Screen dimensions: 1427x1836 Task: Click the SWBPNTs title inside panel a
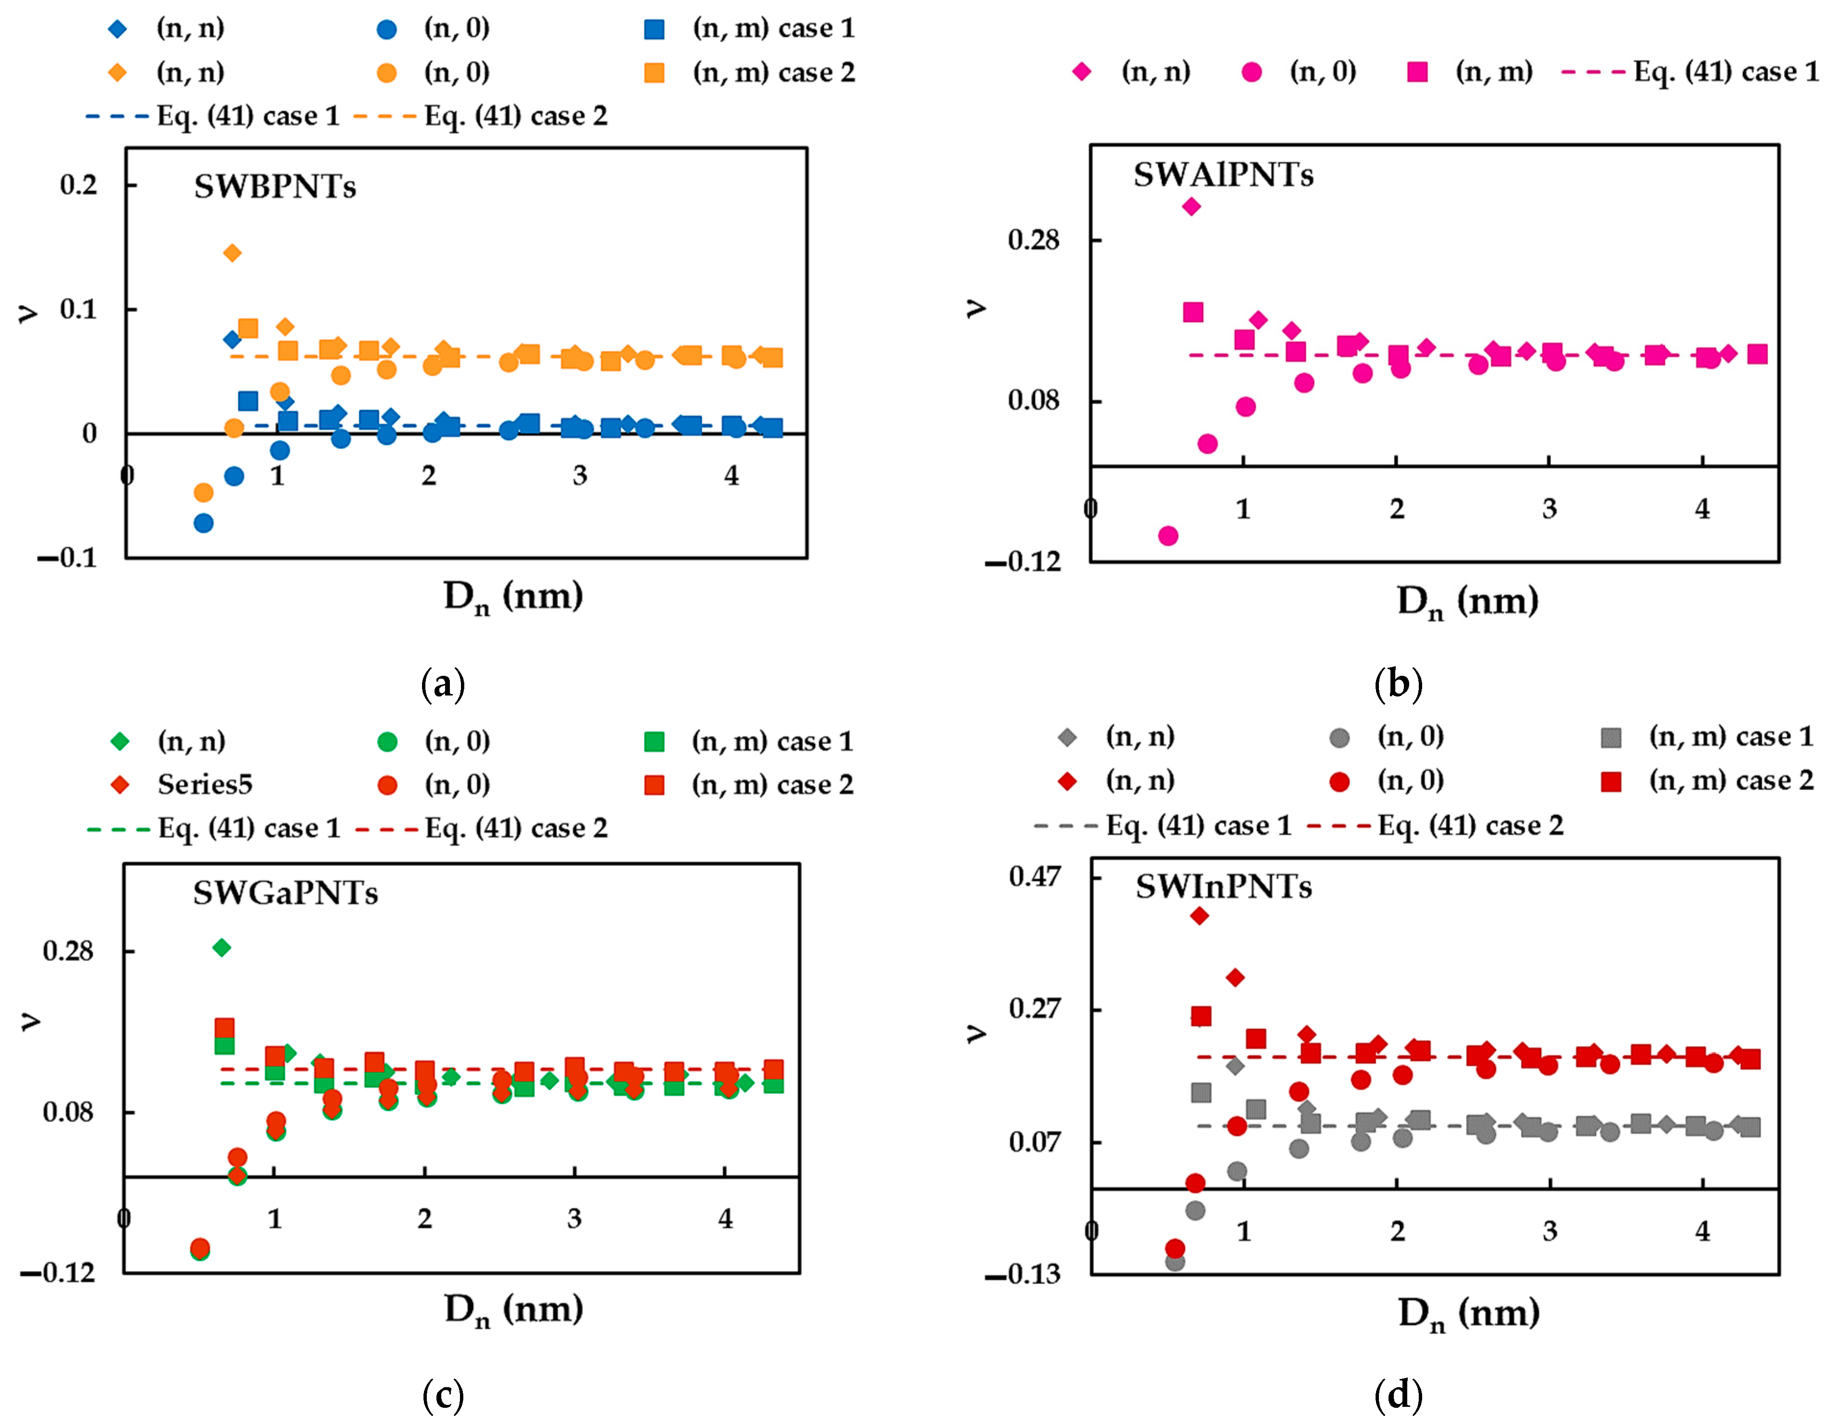tap(275, 187)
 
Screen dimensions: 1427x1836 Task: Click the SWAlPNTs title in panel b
tap(1223, 175)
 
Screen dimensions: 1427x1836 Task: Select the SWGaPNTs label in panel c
tap(285, 892)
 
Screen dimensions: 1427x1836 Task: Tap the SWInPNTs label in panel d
tap(1223, 887)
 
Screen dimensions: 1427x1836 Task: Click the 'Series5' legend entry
tap(204, 784)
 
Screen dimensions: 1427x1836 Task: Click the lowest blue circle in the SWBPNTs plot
tap(204, 523)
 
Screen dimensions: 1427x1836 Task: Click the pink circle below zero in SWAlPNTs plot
tap(1168, 535)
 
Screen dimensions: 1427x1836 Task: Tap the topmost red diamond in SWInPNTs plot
tap(1200, 916)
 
